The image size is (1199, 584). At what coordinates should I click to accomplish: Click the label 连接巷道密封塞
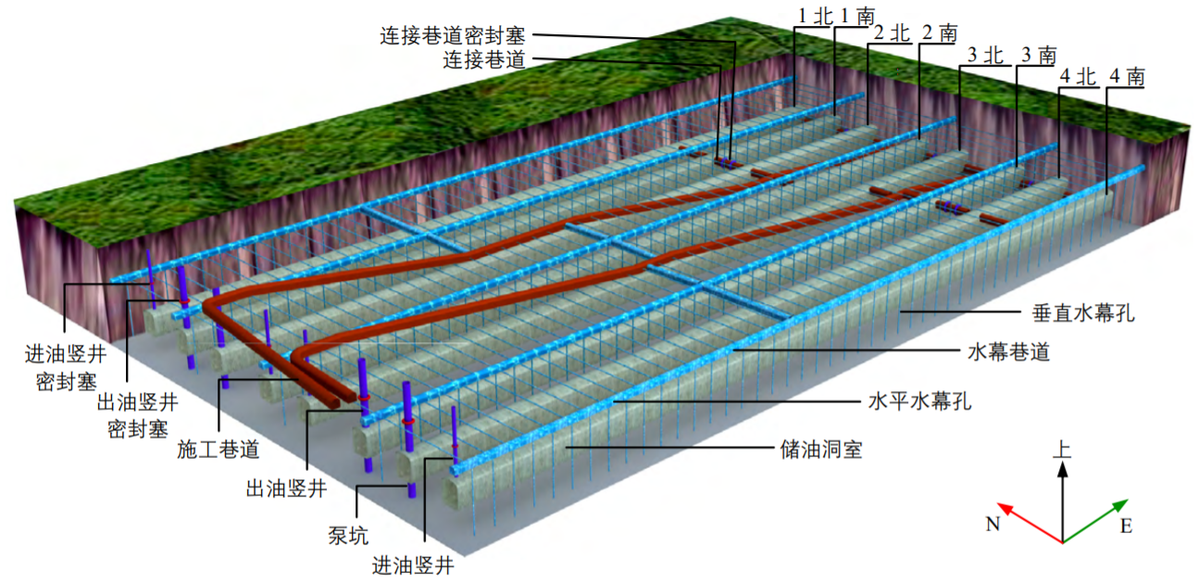point(453,36)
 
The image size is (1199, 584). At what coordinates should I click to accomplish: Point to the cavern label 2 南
point(939,33)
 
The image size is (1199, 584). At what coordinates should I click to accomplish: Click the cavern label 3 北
point(985,56)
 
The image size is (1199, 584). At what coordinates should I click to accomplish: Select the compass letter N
point(993,526)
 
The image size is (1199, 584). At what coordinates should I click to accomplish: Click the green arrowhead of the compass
point(1122,504)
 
